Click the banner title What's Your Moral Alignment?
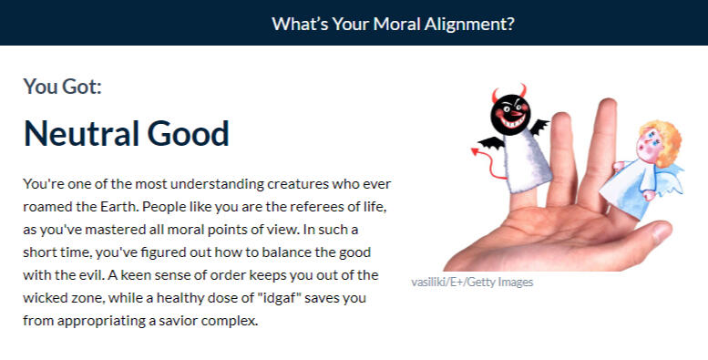point(393,24)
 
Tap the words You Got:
point(62,87)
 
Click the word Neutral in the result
point(81,133)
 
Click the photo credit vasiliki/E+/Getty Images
point(472,283)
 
